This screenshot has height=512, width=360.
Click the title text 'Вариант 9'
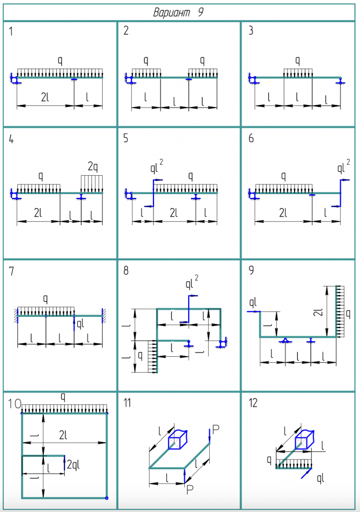tap(178, 12)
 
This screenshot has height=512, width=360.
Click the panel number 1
tap(11, 31)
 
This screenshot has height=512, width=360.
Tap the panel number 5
tap(126, 138)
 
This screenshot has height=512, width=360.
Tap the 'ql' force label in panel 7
tap(81, 324)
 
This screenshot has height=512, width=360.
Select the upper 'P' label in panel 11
tap(215, 429)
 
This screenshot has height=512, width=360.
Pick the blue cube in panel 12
tap(304, 439)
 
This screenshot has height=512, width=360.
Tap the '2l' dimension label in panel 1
tap(46, 97)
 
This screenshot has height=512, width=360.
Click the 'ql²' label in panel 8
tap(192, 283)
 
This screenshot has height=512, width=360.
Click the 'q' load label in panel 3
tap(297, 60)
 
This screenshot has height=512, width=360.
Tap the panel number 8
tap(126, 270)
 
